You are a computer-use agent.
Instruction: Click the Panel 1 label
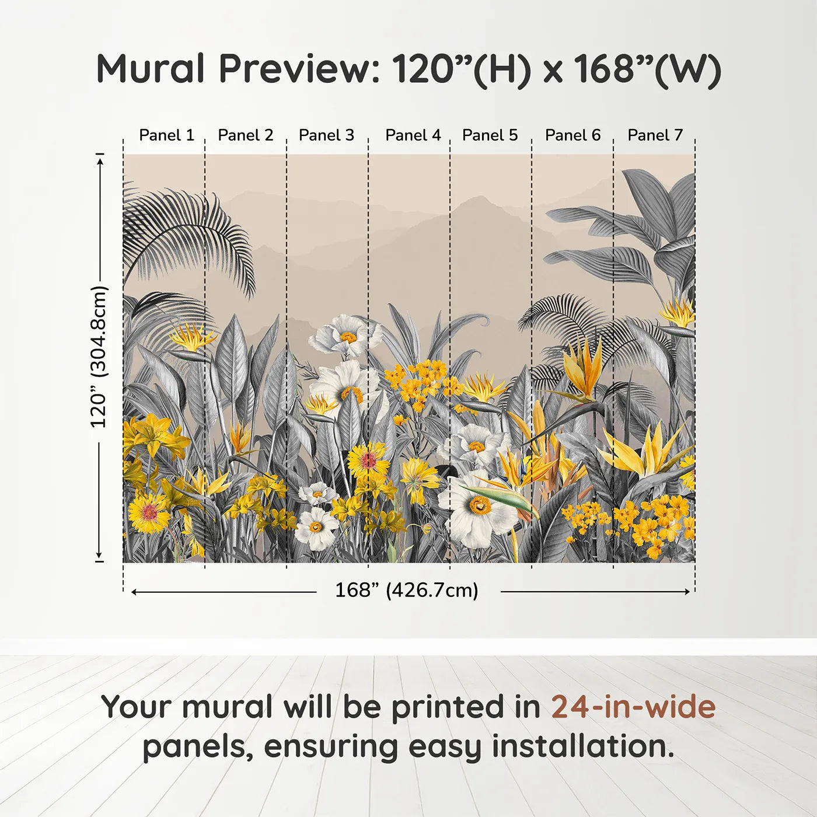click(x=167, y=135)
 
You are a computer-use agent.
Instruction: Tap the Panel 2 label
click(x=246, y=135)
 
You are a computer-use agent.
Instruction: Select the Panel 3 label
click(x=326, y=135)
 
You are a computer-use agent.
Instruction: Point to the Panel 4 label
click(x=413, y=135)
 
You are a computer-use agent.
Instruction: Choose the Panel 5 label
click(x=490, y=135)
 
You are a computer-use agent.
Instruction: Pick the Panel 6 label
click(x=573, y=135)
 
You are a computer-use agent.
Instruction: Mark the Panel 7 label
click(x=655, y=135)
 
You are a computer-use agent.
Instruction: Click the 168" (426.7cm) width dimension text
click(x=407, y=590)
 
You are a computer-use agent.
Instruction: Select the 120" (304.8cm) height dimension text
click(x=99, y=357)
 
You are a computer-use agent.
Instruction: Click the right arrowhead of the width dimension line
click(x=687, y=592)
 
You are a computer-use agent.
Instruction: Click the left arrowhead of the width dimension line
click(x=134, y=592)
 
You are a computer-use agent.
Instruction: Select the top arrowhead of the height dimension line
click(x=100, y=161)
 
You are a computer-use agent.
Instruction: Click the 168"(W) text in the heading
click(x=647, y=69)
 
